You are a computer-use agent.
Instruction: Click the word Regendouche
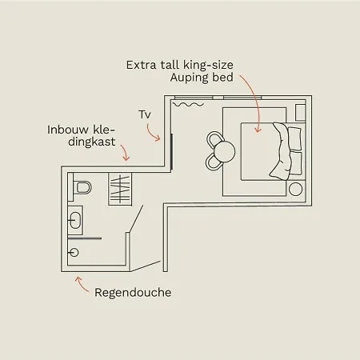pos(133,293)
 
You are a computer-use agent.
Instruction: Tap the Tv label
pos(145,114)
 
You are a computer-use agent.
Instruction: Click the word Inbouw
pos(68,130)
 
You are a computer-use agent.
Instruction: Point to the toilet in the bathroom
pos(82,187)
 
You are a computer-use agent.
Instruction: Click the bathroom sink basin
pos(75,220)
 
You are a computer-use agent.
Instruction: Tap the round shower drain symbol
pos(74,252)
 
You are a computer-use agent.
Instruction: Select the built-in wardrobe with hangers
pos(120,189)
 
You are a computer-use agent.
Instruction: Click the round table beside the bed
pos(225,151)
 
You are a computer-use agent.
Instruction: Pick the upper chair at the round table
pos(214,139)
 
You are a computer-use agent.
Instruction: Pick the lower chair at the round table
pos(214,162)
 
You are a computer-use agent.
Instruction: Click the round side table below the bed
pos(295,190)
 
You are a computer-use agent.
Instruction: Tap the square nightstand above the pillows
pos(300,113)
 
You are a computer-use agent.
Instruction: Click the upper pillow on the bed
pos(294,138)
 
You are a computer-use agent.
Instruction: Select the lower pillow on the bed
pos(295,163)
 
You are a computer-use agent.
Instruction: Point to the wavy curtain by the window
pos(188,105)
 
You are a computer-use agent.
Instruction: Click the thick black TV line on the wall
pos(172,151)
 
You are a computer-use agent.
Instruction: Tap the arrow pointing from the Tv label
pos(151,134)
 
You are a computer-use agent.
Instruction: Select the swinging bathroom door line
pos(136,219)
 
